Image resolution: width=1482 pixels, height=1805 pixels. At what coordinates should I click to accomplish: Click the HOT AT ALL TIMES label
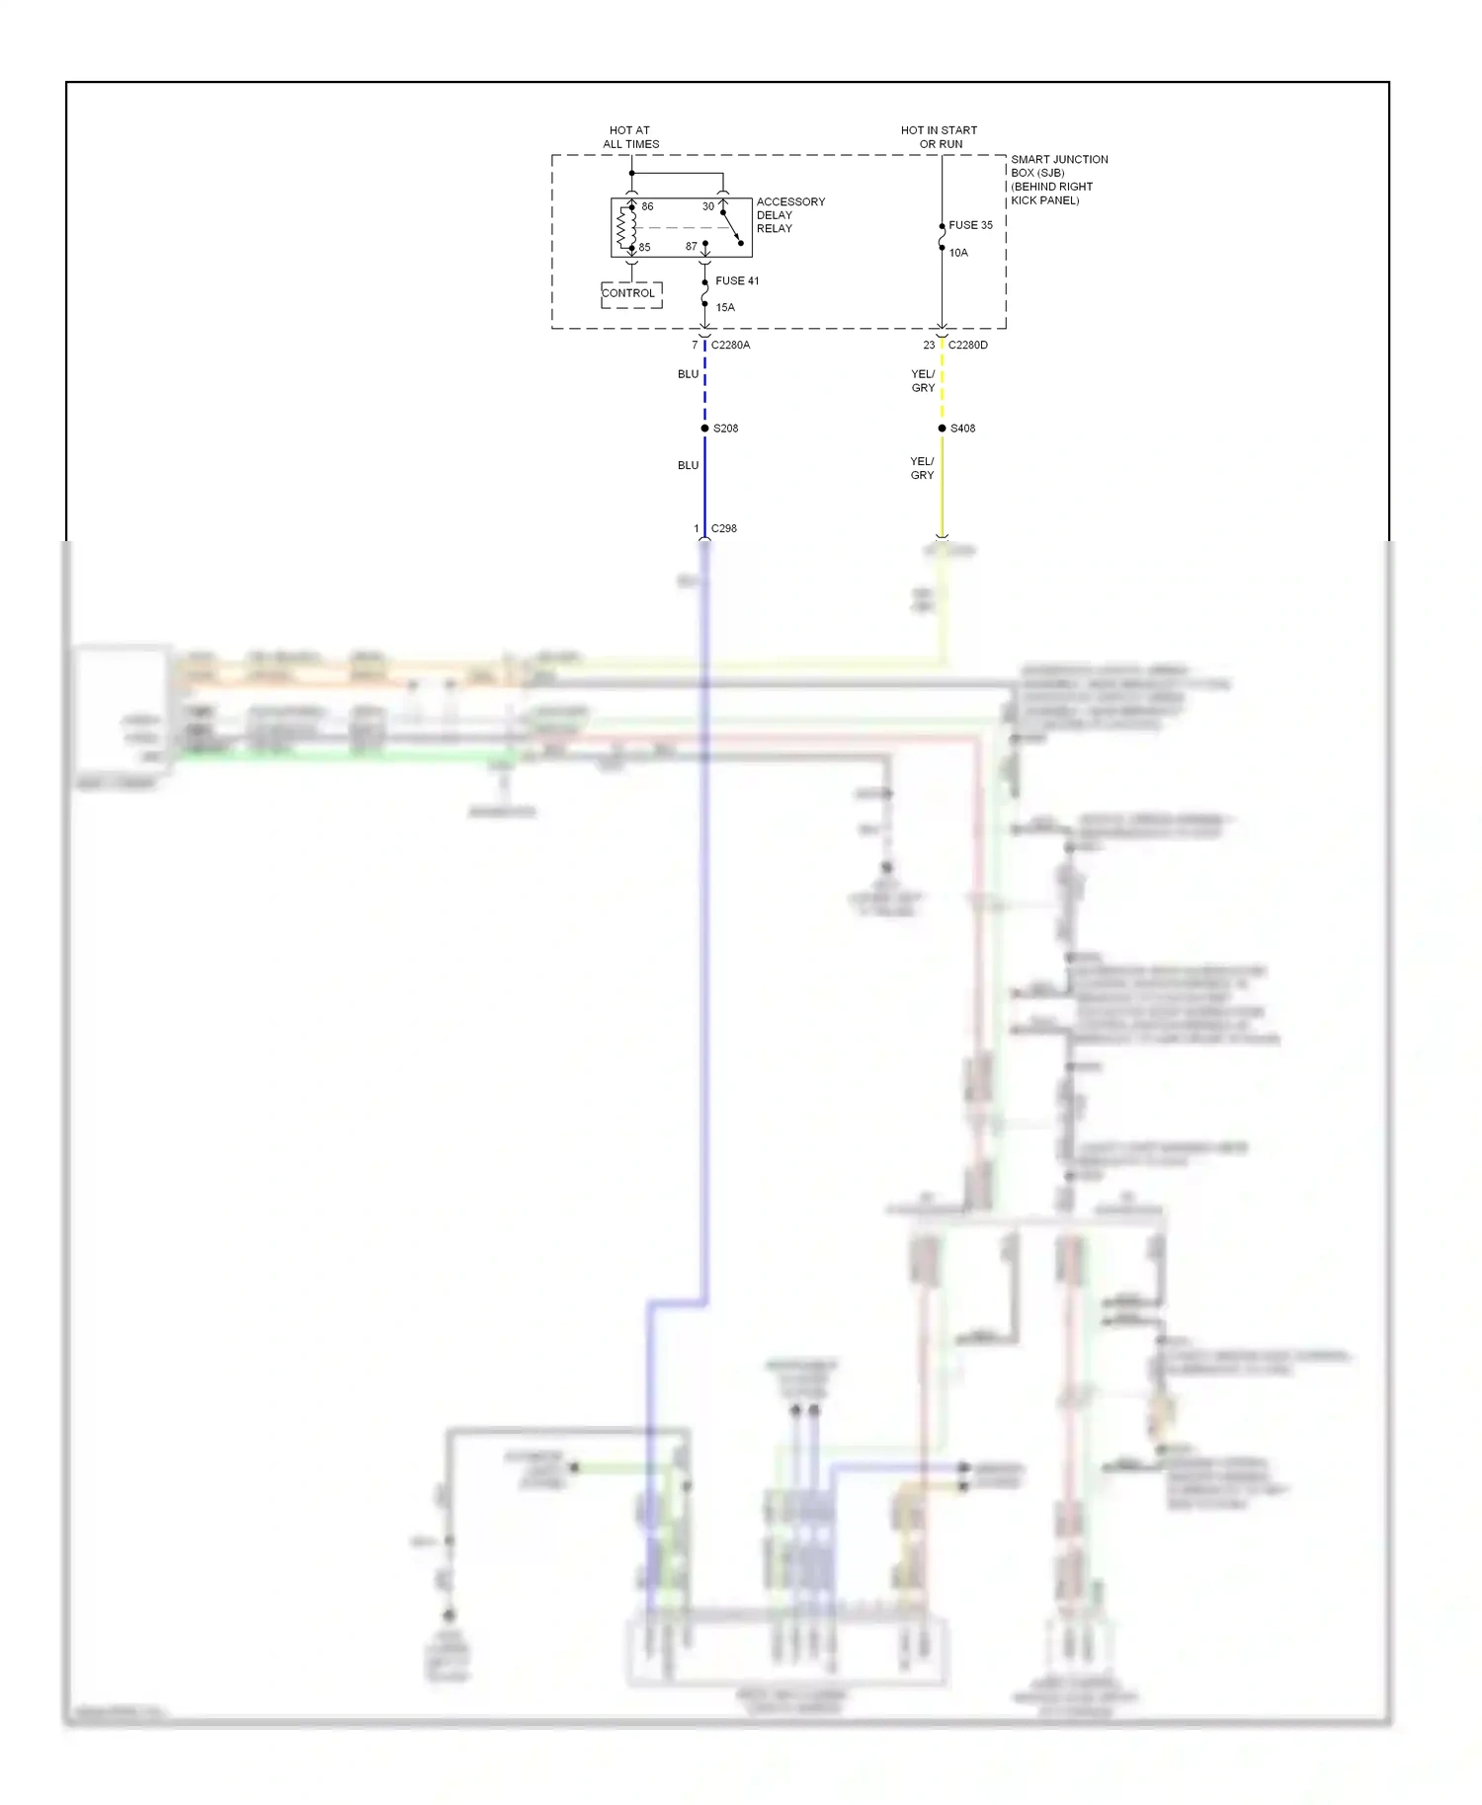point(630,137)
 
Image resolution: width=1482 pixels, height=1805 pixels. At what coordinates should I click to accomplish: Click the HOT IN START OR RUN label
point(939,137)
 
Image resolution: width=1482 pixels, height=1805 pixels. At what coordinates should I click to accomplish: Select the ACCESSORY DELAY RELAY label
point(789,215)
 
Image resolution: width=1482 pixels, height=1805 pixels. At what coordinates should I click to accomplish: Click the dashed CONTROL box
point(631,294)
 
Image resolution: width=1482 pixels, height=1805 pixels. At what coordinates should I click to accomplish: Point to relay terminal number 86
point(647,206)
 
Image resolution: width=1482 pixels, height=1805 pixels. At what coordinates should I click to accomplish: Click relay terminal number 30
point(707,206)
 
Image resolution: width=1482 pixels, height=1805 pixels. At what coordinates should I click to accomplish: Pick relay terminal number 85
point(644,247)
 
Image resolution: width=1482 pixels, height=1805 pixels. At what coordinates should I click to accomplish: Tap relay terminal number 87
point(691,247)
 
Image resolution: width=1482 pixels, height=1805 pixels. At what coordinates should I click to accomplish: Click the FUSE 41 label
point(737,281)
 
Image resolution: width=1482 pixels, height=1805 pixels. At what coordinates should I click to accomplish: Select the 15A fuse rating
point(725,307)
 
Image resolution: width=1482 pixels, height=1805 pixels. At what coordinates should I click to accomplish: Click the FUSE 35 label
point(970,225)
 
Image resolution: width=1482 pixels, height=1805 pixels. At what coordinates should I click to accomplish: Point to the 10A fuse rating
point(958,253)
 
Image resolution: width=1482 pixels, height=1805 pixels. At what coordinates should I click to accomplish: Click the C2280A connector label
point(730,345)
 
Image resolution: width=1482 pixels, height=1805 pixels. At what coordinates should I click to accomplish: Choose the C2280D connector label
point(967,345)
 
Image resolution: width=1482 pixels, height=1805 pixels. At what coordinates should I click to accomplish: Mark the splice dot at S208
point(704,429)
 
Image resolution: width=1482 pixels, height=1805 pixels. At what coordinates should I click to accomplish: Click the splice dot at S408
point(942,429)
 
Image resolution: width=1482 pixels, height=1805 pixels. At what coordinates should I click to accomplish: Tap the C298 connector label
point(723,528)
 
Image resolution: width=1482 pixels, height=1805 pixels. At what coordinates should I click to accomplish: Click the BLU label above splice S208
point(688,374)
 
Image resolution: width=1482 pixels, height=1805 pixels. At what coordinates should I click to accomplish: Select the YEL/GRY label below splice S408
point(922,468)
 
